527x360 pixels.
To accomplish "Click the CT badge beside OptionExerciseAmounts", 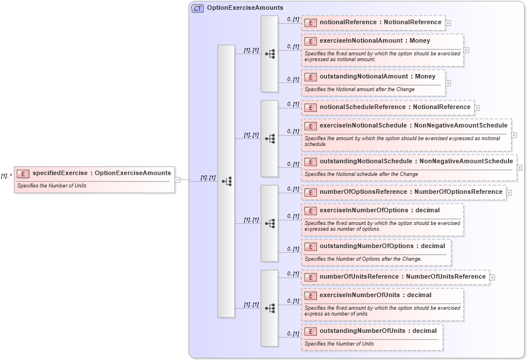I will pos(197,8).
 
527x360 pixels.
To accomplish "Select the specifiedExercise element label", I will pos(102,172).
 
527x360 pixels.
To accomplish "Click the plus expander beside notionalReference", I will pos(448,23).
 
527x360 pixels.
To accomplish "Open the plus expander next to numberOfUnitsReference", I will pos(492,277).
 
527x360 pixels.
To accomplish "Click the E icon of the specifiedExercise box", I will pos(23,173).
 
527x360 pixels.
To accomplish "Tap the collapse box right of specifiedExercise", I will pos(178,179).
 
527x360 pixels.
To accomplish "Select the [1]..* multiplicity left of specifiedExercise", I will pos(7,175).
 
